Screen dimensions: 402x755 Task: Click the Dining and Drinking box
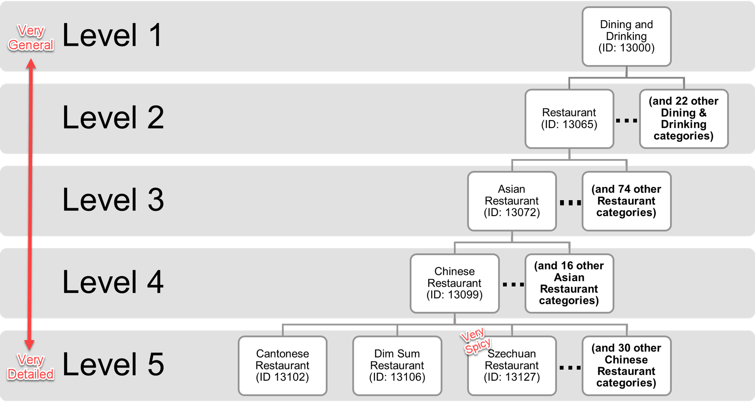[626, 36]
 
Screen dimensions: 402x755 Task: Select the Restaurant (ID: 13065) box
[569, 119]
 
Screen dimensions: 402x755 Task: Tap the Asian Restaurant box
[511, 201]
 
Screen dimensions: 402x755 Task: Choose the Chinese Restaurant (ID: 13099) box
[454, 283]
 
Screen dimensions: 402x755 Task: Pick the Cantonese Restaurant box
[282, 366]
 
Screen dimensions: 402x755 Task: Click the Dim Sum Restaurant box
[397, 366]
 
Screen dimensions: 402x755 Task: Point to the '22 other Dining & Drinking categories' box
[684, 119]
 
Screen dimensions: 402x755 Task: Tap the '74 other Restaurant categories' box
[626, 201]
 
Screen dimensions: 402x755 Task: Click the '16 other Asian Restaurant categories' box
[569, 283]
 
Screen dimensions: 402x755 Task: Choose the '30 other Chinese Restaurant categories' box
[626, 366]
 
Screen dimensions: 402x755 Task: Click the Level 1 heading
[112, 35]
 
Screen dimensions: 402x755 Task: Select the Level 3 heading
[113, 200]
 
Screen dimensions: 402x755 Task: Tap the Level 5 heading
[113, 364]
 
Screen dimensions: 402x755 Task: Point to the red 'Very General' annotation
[31, 38]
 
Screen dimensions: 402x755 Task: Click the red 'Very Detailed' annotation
[31, 367]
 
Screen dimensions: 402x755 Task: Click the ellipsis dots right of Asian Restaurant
[570, 202]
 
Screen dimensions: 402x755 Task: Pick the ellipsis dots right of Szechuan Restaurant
[570, 368]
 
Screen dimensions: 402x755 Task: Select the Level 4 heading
[113, 282]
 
